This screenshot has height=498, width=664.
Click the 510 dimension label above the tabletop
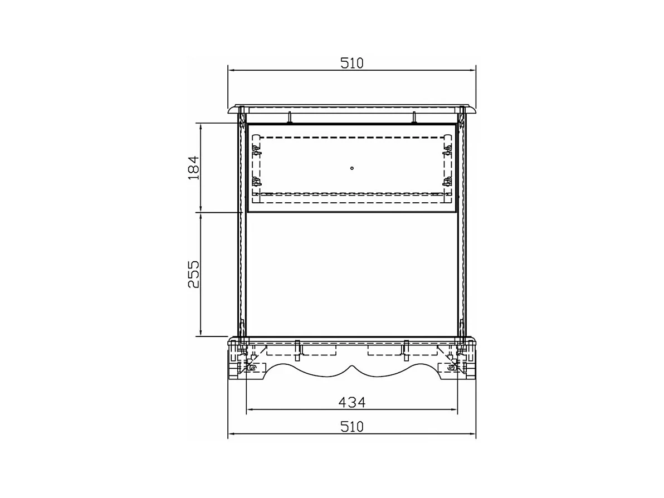tap(352, 63)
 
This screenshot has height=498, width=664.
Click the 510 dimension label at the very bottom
tap(352, 427)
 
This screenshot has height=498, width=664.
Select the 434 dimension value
tap(352, 402)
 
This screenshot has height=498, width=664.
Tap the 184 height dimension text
tap(193, 168)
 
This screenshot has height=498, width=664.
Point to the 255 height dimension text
tap(193, 274)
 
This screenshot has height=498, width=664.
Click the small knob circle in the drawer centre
tap(352, 168)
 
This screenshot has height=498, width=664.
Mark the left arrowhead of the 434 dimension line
tap(250, 409)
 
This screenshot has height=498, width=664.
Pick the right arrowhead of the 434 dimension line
tap(453, 409)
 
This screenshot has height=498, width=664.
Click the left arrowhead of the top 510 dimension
tap(232, 71)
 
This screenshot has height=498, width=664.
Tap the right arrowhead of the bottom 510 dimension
tap(472, 433)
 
